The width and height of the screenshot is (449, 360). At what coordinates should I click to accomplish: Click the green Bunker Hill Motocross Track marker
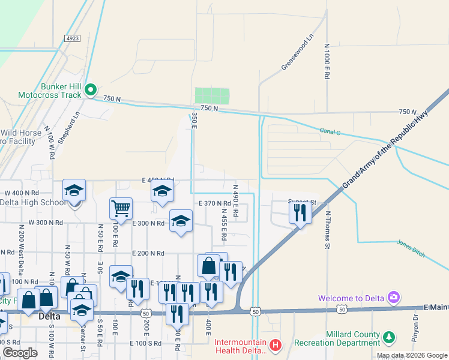tap(91, 90)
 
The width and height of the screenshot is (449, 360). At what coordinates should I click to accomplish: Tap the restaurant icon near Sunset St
tap(300, 212)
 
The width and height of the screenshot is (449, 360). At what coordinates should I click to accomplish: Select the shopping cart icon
tap(121, 208)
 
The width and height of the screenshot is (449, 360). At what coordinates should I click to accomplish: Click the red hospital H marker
tap(275, 345)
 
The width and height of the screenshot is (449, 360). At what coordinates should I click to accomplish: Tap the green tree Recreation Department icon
tap(390, 338)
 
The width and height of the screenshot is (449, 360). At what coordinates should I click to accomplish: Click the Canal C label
tap(330, 131)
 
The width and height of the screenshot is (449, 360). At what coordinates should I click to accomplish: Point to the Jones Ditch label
tap(411, 248)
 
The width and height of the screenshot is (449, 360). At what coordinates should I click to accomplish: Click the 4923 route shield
tap(73, 38)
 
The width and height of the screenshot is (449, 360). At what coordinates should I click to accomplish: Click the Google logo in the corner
tap(20, 353)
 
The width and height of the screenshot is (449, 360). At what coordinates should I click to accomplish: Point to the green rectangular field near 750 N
tap(212, 95)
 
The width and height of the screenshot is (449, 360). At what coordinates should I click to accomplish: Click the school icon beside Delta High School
tap(74, 190)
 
